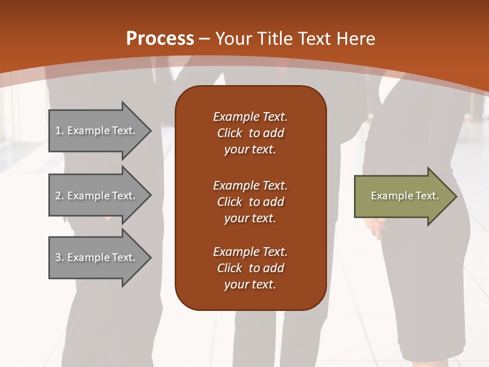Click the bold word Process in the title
(x=160, y=39)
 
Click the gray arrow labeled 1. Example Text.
(x=97, y=131)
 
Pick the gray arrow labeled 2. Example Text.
(x=97, y=196)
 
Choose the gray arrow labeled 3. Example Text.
(x=97, y=257)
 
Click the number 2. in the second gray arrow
(x=60, y=196)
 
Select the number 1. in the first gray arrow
(x=60, y=130)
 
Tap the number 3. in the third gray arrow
(x=60, y=257)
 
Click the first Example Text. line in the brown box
(x=250, y=117)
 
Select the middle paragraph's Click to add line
(x=250, y=202)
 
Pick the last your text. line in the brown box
(x=250, y=285)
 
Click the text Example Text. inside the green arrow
(x=404, y=196)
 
